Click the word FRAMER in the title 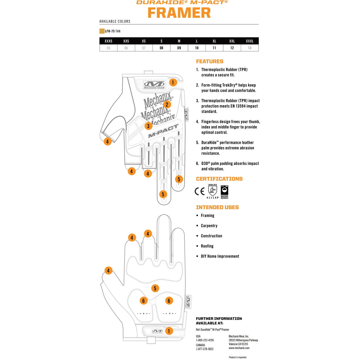pyautogui.click(x=179, y=13)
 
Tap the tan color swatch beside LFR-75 pyautogui.click(x=102, y=31)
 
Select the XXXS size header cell pyautogui.click(x=108, y=41)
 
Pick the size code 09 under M pyautogui.click(x=179, y=48)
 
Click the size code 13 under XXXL pyautogui.click(x=250, y=48)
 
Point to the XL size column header pyautogui.click(x=214, y=41)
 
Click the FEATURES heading pyautogui.click(x=209, y=61)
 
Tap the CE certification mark pyautogui.click(x=200, y=191)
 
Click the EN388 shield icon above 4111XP pyautogui.click(x=213, y=190)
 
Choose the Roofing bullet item pyautogui.click(x=207, y=246)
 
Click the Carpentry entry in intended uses pyautogui.click(x=209, y=226)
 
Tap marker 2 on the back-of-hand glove pyautogui.click(x=167, y=104)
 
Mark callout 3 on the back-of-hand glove pyautogui.click(x=148, y=126)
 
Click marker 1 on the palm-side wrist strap pyautogui.click(x=169, y=331)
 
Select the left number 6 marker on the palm pyautogui.click(x=144, y=301)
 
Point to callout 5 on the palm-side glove pyautogui.click(x=155, y=288)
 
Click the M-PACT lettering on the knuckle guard pyautogui.click(x=163, y=131)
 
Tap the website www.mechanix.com pyautogui.click(x=239, y=348)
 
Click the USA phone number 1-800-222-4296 pyautogui.click(x=205, y=340)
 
